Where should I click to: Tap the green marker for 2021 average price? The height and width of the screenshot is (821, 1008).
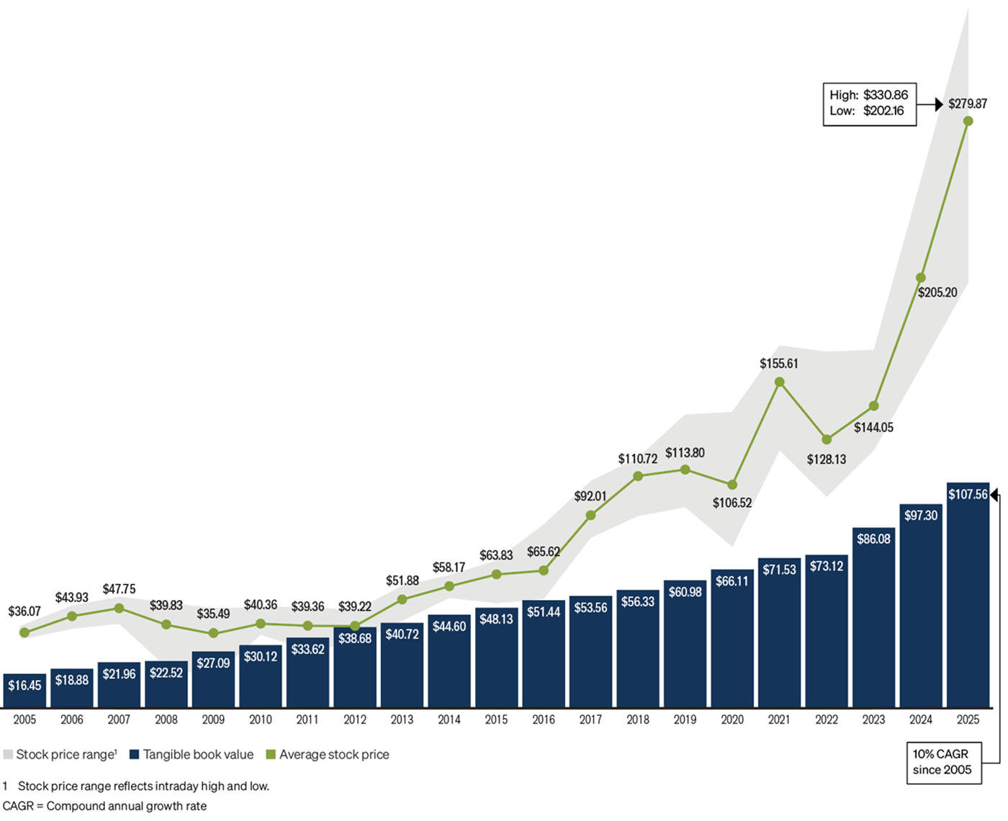[779, 382]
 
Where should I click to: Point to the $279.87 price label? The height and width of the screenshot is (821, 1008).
[967, 104]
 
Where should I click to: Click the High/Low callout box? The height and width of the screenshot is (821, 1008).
[869, 104]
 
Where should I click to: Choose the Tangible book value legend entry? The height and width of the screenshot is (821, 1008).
[192, 755]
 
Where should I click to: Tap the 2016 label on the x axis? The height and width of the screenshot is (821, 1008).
[544, 719]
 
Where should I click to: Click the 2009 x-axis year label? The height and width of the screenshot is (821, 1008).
[213, 719]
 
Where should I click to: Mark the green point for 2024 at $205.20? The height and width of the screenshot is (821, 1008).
[921, 278]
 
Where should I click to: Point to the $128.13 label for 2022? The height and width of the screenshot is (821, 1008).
[826, 459]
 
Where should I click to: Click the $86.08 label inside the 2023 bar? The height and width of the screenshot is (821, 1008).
[873, 539]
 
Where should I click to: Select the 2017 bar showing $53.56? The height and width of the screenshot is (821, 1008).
[590, 652]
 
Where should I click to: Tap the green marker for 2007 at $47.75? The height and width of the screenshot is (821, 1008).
[119, 609]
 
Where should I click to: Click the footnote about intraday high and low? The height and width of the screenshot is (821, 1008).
[137, 786]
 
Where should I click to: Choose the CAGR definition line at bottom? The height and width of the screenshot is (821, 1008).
[104, 807]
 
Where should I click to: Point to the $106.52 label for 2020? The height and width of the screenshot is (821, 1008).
[732, 503]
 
